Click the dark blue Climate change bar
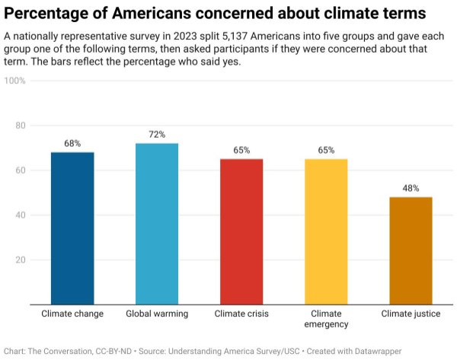pyautogui.click(x=72, y=228)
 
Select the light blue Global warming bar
pyautogui.click(x=157, y=224)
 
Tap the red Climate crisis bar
pyautogui.click(x=241, y=231)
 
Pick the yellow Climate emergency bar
pyautogui.click(x=326, y=231)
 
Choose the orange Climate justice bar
pyautogui.click(x=411, y=250)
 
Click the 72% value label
pyautogui.click(x=157, y=135)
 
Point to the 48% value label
pyautogui.click(x=411, y=188)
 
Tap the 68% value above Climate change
pyautogui.click(x=72, y=143)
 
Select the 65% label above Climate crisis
pyautogui.click(x=241, y=150)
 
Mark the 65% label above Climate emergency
pyautogui.click(x=326, y=150)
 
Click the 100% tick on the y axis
pyautogui.click(x=16, y=80)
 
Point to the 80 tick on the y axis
pyautogui.click(x=20, y=125)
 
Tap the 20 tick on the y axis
pyautogui.click(x=20, y=260)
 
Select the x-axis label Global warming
pyautogui.click(x=157, y=314)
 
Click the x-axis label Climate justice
pyautogui.click(x=411, y=314)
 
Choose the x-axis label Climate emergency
pyautogui.click(x=326, y=319)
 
